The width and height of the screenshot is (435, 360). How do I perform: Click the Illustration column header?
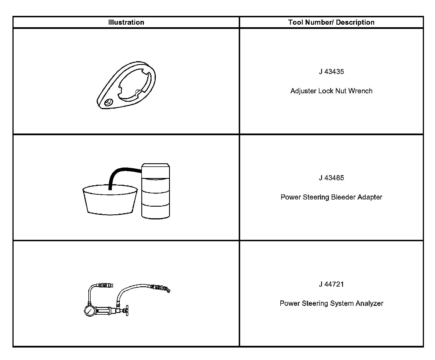point(126,22)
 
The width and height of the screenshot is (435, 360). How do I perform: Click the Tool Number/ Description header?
point(331,22)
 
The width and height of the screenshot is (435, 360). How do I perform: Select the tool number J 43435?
point(331,72)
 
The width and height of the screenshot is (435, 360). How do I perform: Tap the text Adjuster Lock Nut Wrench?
point(331,91)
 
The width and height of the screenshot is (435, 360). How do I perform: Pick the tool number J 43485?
point(331,178)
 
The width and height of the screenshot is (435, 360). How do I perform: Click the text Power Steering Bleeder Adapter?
point(331,197)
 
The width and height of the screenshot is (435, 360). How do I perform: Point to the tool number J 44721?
point(331,284)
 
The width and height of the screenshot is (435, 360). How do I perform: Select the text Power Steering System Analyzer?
point(331,304)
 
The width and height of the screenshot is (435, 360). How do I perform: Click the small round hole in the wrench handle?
point(108,102)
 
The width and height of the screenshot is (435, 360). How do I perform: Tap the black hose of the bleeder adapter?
point(119,172)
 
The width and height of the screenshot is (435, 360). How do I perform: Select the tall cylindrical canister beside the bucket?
point(155,191)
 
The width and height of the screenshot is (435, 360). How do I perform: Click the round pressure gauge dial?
point(90,311)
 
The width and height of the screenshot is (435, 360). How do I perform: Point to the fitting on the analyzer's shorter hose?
point(105,285)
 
